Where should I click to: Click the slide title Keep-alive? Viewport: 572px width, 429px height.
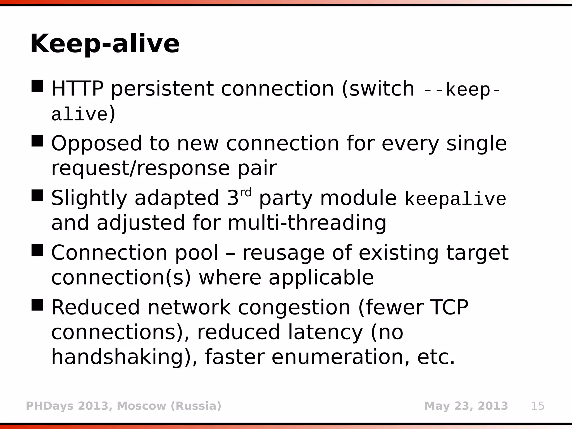pyautogui.click(x=105, y=44)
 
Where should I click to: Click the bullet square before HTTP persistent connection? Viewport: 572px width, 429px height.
pyautogui.click(x=37, y=86)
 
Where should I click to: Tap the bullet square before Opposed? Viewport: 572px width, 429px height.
pyautogui.click(x=37, y=141)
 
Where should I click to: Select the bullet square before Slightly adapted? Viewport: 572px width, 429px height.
pyautogui.click(x=37, y=196)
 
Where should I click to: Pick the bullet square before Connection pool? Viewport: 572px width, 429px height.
pyautogui.click(x=37, y=250)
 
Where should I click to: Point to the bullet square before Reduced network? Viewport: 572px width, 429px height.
pyautogui.click(x=37, y=305)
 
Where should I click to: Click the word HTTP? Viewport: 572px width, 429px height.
pyautogui.click(x=77, y=89)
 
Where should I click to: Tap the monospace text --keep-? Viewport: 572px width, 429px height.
pyautogui.click(x=462, y=90)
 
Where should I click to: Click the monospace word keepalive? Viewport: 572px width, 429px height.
pyautogui.click(x=455, y=199)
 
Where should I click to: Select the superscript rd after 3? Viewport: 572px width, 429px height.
pyautogui.click(x=246, y=192)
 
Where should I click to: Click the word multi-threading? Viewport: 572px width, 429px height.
pyautogui.click(x=307, y=223)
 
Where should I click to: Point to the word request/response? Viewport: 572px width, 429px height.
pyautogui.click(x=140, y=168)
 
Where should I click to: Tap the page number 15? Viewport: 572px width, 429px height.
pyautogui.click(x=538, y=406)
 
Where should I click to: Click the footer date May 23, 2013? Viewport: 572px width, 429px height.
pyautogui.click(x=466, y=406)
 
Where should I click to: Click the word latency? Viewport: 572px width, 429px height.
pyautogui.click(x=325, y=332)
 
